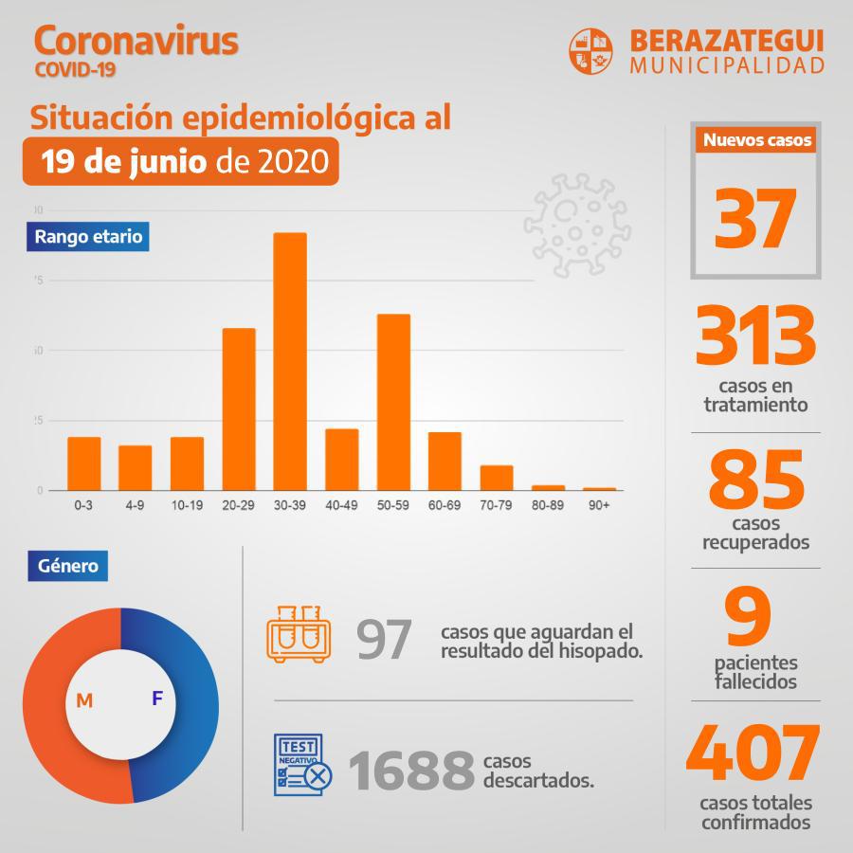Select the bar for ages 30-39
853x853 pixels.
point(290,361)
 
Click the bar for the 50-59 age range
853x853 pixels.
point(393,402)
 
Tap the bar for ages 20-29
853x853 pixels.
point(239,408)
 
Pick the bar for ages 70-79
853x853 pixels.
point(497,478)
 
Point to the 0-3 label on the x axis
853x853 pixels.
point(83,506)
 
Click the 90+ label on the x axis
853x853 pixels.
point(599,506)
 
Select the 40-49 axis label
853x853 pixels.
point(341,506)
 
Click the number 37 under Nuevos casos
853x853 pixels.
point(755,217)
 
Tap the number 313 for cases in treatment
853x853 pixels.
point(755,337)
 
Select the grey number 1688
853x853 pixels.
point(411,771)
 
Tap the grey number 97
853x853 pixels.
point(384,641)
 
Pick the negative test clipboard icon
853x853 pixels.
point(301,765)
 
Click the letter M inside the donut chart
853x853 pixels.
point(84,700)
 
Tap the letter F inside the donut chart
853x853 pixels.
point(157,699)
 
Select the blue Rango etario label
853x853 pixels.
point(88,236)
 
